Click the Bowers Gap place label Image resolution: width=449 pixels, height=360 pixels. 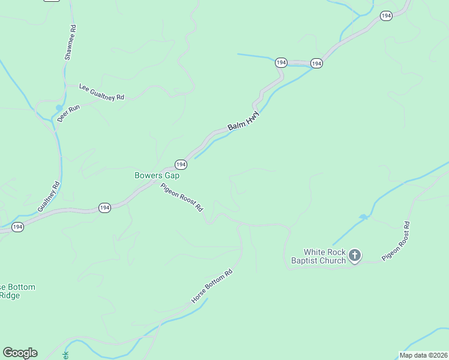(x=157, y=176)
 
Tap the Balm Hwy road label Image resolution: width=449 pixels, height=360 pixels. (x=244, y=122)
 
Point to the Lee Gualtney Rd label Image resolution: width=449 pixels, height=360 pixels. (x=101, y=92)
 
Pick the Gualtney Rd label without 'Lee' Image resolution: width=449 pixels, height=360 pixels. (x=49, y=196)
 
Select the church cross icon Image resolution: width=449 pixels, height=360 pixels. (x=355, y=256)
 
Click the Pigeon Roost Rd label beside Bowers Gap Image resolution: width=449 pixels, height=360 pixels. (x=181, y=197)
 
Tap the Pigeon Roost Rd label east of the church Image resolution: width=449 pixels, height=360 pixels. (x=396, y=241)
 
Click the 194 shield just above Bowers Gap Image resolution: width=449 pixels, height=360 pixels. (x=180, y=164)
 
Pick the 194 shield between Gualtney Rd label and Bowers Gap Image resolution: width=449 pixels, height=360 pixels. (x=104, y=208)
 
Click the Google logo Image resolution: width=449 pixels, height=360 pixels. (x=20, y=353)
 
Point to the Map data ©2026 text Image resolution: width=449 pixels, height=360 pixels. (x=423, y=355)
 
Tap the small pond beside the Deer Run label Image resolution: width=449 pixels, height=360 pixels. (x=59, y=108)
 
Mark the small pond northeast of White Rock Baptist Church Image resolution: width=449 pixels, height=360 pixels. (x=363, y=217)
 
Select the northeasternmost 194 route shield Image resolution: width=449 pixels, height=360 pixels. (x=386, y=16)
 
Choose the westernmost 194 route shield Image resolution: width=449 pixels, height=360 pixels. (x=17, y=227)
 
